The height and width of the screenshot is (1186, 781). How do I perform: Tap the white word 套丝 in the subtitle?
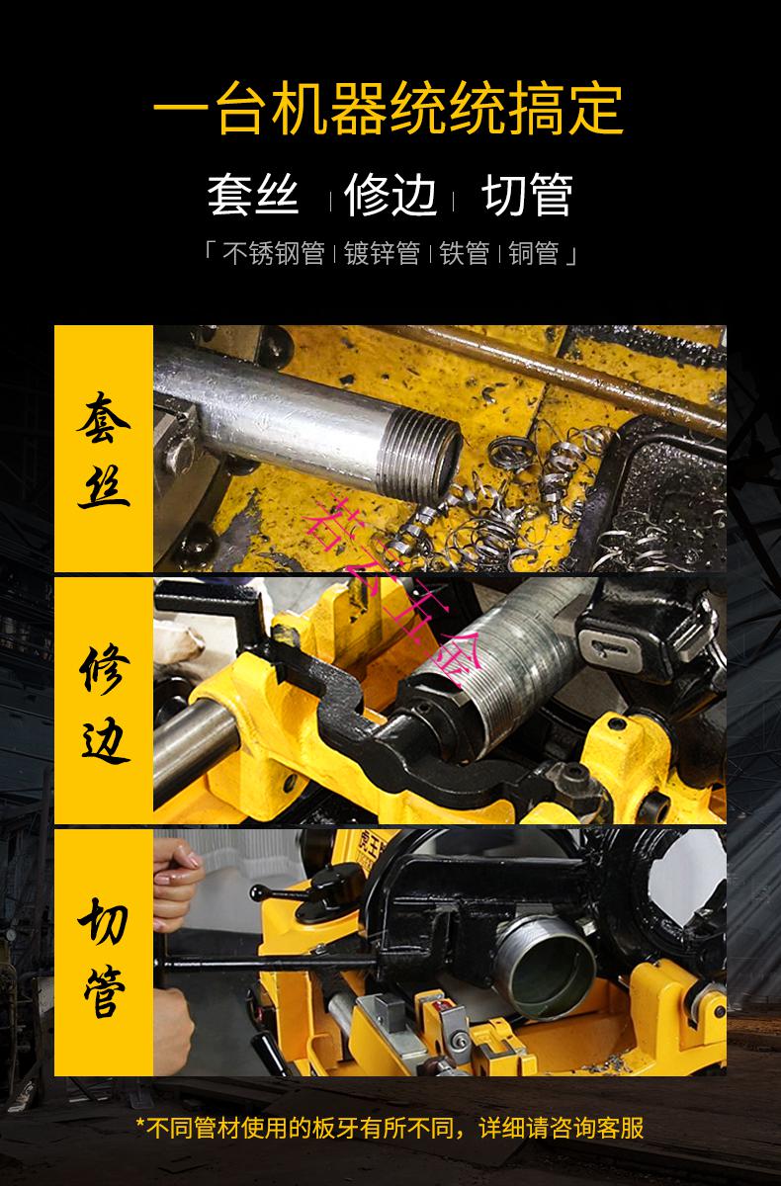click(x=253, y=195)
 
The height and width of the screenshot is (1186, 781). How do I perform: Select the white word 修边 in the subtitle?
click(x=390, y=195)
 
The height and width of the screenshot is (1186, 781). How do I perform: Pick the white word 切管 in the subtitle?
click(x=527, y=195)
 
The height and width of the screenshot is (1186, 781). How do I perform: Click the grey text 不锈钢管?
click(x=274, y=254)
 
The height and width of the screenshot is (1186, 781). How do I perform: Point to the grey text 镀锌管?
click(x=383, y=254)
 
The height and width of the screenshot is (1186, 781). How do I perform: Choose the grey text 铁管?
click(x=465, y=254)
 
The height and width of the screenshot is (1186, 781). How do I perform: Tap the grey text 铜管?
click(x=534, y=254)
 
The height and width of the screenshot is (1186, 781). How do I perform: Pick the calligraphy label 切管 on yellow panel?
click(x=104, y=954)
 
